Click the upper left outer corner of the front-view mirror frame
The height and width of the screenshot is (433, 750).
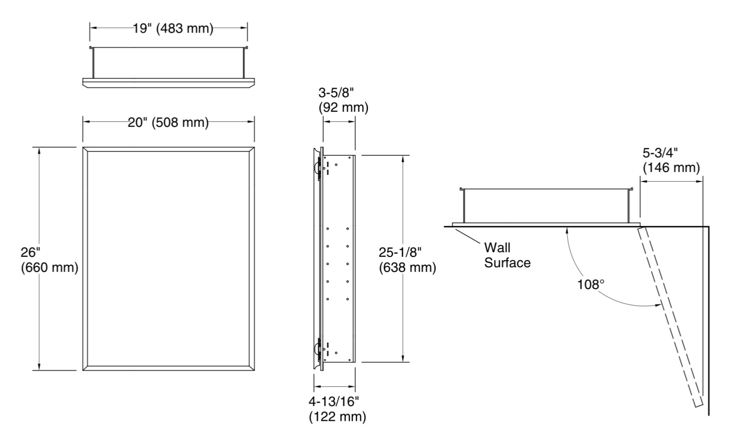click(x=83, y=147)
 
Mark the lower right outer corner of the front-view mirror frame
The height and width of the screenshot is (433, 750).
click(x=254, y=370)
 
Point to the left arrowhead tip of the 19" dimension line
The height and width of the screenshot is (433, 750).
click(x=90, y=28)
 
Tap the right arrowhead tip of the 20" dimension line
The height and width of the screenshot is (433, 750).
click(x=254, y=122)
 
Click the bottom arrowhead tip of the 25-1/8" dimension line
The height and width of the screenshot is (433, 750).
click(x=403, y=362)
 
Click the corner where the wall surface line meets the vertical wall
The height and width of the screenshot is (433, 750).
click(x=709, y=227)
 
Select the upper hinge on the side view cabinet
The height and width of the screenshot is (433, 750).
click(x=319, y=168)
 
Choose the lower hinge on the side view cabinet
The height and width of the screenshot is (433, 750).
click(x=319, y=349)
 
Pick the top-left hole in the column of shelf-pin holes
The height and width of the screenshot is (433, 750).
click(x=328, y=228)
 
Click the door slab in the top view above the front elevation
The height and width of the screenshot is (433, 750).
click(x=169, y=83)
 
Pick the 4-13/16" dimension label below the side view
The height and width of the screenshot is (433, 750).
click(x=337, y=409)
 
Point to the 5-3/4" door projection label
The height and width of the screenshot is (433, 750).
click(x=671, y=160)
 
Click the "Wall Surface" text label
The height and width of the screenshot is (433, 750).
click(x=507, y=255)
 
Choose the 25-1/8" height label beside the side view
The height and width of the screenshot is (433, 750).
click(x=407, y=260)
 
